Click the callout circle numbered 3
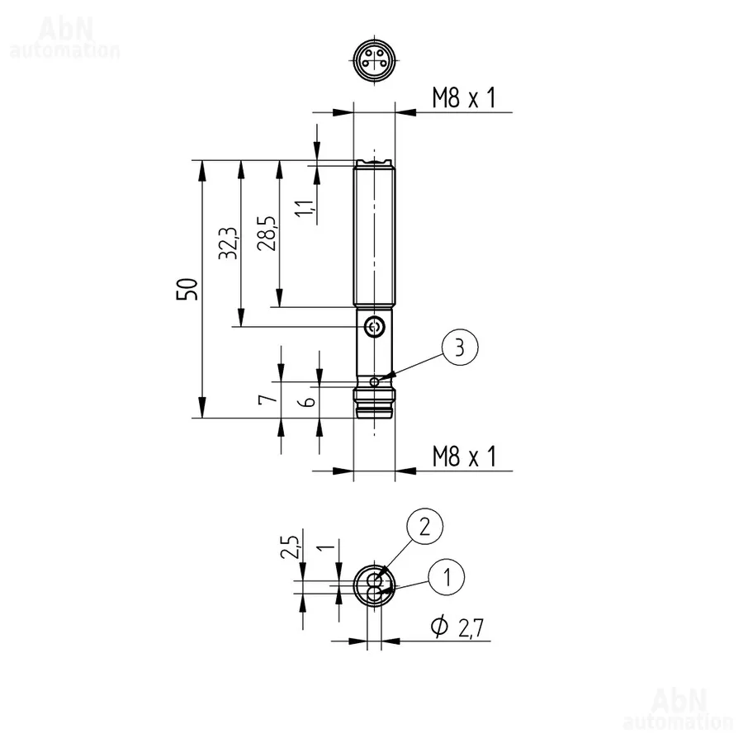click(460, 348)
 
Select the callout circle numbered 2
click(424, 527)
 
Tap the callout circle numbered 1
click(447, 577)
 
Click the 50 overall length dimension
click(187, 289)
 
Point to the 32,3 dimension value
click(228, 243)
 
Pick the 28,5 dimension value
click(267, 233)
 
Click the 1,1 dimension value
click(305, 208)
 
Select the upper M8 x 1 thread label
click(464, 97)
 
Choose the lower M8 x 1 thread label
click(464, 456)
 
